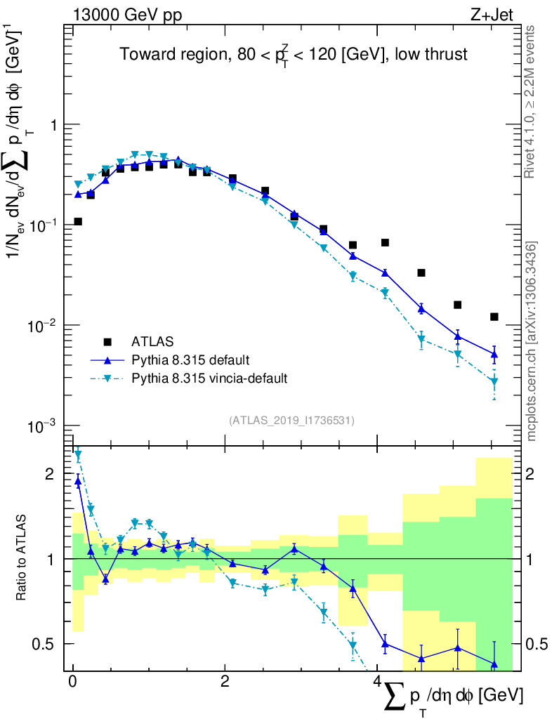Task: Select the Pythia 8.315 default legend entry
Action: [190, 360]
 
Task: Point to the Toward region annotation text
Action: [293, 55]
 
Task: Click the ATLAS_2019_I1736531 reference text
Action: [291, 421]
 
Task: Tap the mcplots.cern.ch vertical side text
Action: [531, 341]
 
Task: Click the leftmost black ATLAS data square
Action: [78, 221]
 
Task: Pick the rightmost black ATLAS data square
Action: [494, 317]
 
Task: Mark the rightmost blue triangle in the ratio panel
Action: [494, 664]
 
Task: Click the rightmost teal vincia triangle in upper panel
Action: [494, 381]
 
